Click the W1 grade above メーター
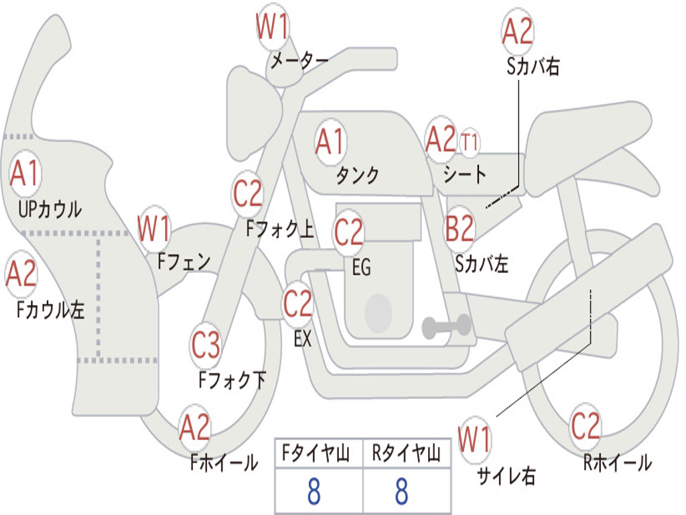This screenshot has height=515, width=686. (273, 28)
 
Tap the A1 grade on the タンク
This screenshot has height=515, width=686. (330, 141)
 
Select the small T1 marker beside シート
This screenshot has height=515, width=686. (470, 141)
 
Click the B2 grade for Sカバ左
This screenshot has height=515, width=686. (460, 229)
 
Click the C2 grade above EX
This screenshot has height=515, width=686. (298, 304)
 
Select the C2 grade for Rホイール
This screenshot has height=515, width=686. (586, 425)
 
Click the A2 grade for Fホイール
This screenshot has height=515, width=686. (194, 427)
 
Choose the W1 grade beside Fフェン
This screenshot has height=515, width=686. (153, 229)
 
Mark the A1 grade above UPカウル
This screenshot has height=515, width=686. (25, 174)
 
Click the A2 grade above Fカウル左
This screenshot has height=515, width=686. (21, 274)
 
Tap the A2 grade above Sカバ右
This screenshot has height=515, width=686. (517, 31)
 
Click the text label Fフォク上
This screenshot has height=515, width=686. (280, 230)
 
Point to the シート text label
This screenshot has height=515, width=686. (465, 174)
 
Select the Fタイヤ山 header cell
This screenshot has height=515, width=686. (318, 455)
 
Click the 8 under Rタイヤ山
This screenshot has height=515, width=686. (401, 492)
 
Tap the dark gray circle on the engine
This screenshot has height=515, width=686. (379, 312)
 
